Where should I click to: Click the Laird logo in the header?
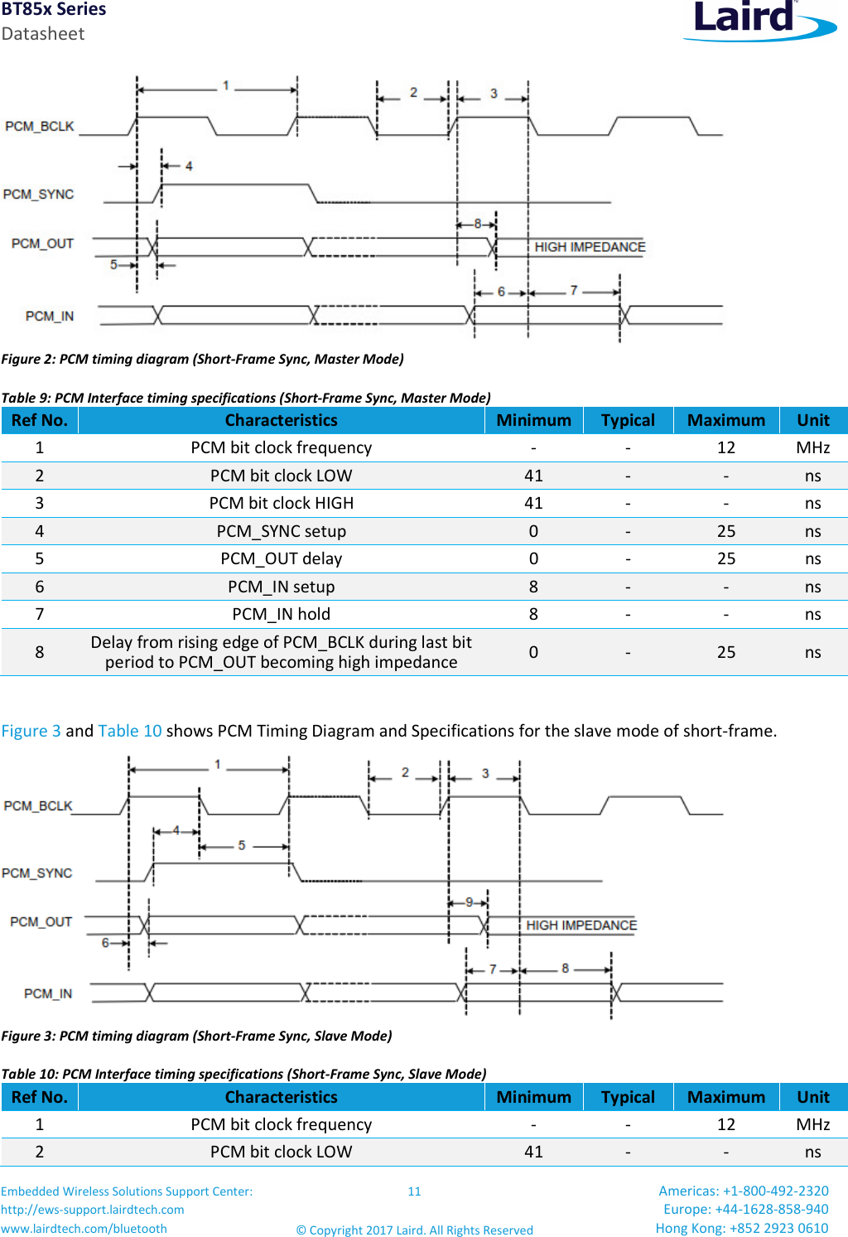758,20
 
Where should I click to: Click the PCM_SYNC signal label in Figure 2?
38,194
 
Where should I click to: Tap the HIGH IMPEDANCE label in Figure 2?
590,247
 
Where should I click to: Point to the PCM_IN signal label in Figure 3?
48,993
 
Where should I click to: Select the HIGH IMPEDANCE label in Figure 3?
581,925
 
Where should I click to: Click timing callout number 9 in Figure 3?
469,901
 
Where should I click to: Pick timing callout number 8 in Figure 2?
477,224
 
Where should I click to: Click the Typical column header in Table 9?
628,420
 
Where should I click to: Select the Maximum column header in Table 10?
725,1097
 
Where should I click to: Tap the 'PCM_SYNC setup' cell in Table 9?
281,531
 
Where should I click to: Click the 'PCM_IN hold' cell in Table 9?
281,614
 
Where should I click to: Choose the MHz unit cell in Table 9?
812,447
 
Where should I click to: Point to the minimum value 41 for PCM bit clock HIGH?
533,503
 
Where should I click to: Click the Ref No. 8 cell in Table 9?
39,652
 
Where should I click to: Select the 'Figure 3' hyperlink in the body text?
31,731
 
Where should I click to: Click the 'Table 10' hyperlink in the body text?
130,731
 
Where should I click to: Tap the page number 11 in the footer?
414,1191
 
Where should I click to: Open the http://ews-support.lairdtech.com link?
93,1210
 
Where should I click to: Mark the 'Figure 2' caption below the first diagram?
202,359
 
